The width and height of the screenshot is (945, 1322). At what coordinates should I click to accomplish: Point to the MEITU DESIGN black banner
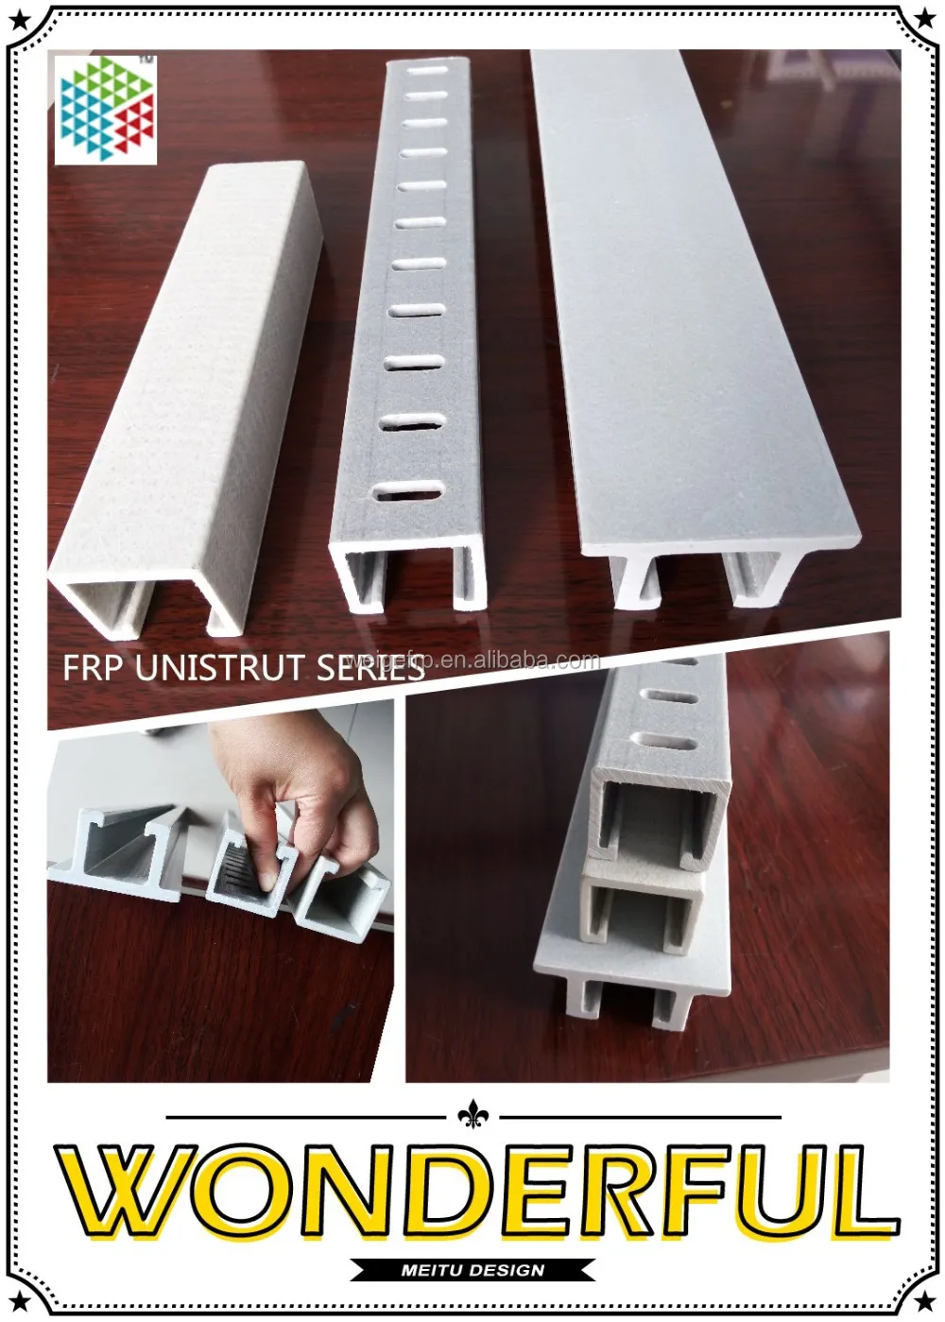point(472,1270)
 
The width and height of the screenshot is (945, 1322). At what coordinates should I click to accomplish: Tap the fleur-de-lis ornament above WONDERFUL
point(471,1116)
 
